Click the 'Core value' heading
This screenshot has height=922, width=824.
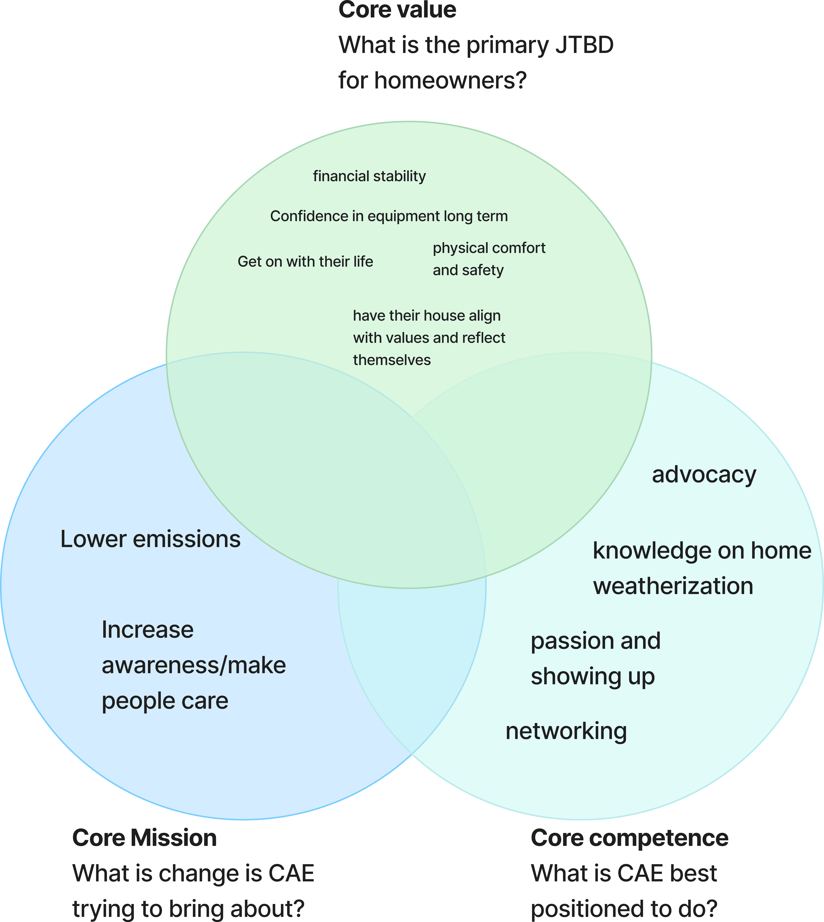[397, 10]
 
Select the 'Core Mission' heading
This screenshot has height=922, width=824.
[144, 838]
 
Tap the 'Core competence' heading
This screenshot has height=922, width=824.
[629, 838]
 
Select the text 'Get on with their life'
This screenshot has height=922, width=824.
[305, 262]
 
